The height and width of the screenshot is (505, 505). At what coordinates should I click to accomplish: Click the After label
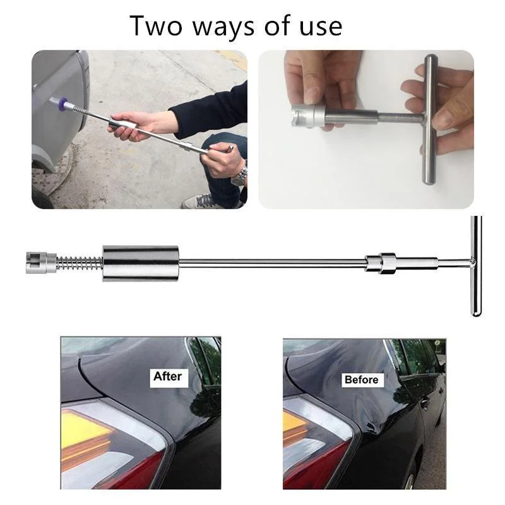167,377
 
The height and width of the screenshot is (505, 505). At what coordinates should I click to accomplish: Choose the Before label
362,379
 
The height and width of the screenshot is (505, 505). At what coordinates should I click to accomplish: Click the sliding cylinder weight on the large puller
140,263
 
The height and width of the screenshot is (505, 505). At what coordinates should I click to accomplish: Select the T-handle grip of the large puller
475,265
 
